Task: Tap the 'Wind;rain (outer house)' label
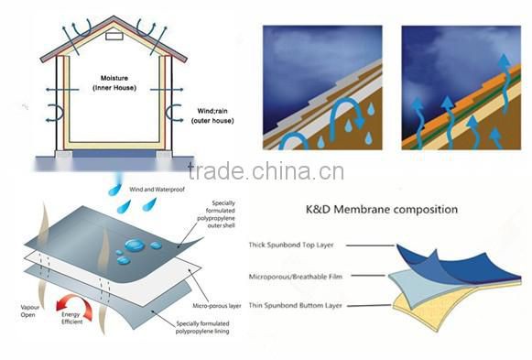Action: tap(215, 116)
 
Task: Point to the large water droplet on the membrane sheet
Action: tap(132, 246)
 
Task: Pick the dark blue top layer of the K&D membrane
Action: tap(430, 256)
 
